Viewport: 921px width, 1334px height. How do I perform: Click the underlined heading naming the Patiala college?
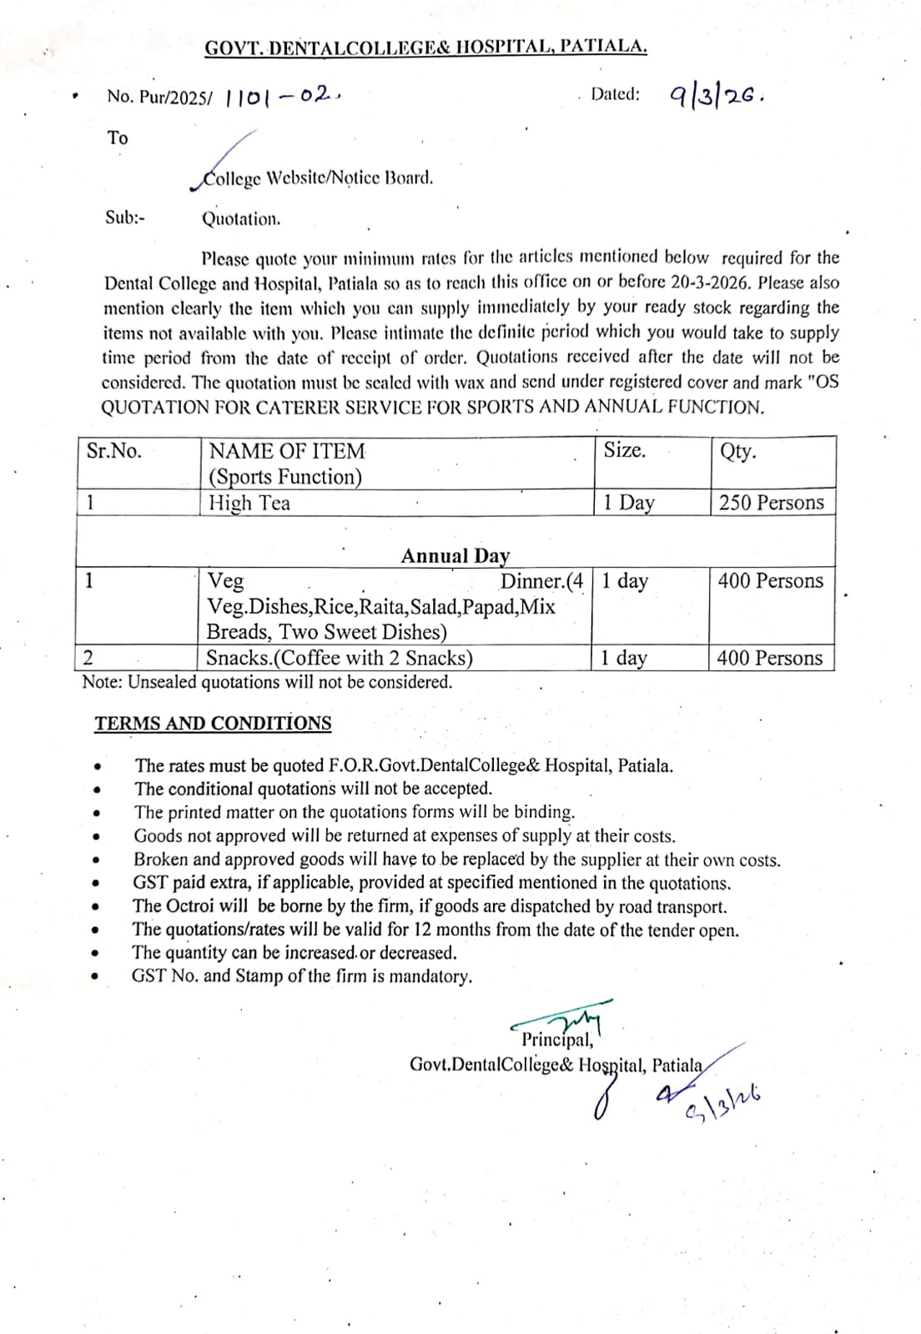pyautogui.click(x=425, y=48)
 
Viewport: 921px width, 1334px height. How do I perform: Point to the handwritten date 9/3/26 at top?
pyautogui.click(x=717, y=96)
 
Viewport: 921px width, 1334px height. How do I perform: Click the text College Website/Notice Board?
pyautogui.click(x=318, y=178)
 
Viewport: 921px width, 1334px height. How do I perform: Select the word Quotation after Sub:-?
pyautogui.click(x=241, y=219)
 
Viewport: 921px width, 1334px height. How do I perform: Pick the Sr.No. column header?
pyautogui.click(x=114, y=451)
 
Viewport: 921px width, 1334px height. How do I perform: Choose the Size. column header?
pyautogui.click(x=625, y=450)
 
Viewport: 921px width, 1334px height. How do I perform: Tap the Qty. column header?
pyautogui.click(x=737, y=451)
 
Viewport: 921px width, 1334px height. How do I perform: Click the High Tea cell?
pyautogui.click(x=249, y=503)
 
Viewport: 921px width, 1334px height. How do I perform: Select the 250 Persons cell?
pyautogui.click(x=771, y=503)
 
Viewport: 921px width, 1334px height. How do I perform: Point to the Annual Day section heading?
pyautogui.click(x=455, y=556)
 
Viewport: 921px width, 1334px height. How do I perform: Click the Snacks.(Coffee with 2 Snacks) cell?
pyautogui.click(x=340, y=658)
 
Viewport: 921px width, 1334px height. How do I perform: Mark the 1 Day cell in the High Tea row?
pyautogui.click(x=629, y=503)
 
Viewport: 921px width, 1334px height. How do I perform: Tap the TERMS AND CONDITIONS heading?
pyautogui.click(x=213, y=724)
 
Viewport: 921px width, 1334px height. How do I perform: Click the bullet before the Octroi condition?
pyautogui.click(x=98, y=907)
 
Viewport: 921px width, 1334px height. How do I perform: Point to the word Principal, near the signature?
pyautogui.click(x=557, y=1040)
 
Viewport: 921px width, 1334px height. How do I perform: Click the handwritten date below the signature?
pyautogui.click(x=722, y=1105)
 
